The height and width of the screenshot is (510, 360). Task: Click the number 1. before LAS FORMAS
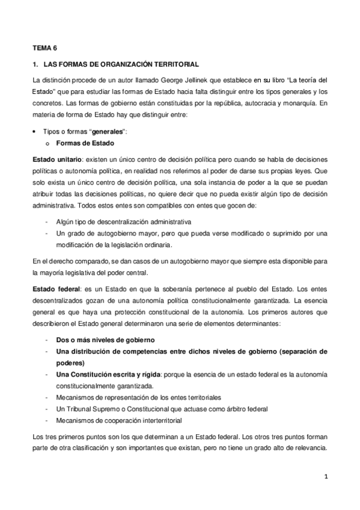coord(35,64)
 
